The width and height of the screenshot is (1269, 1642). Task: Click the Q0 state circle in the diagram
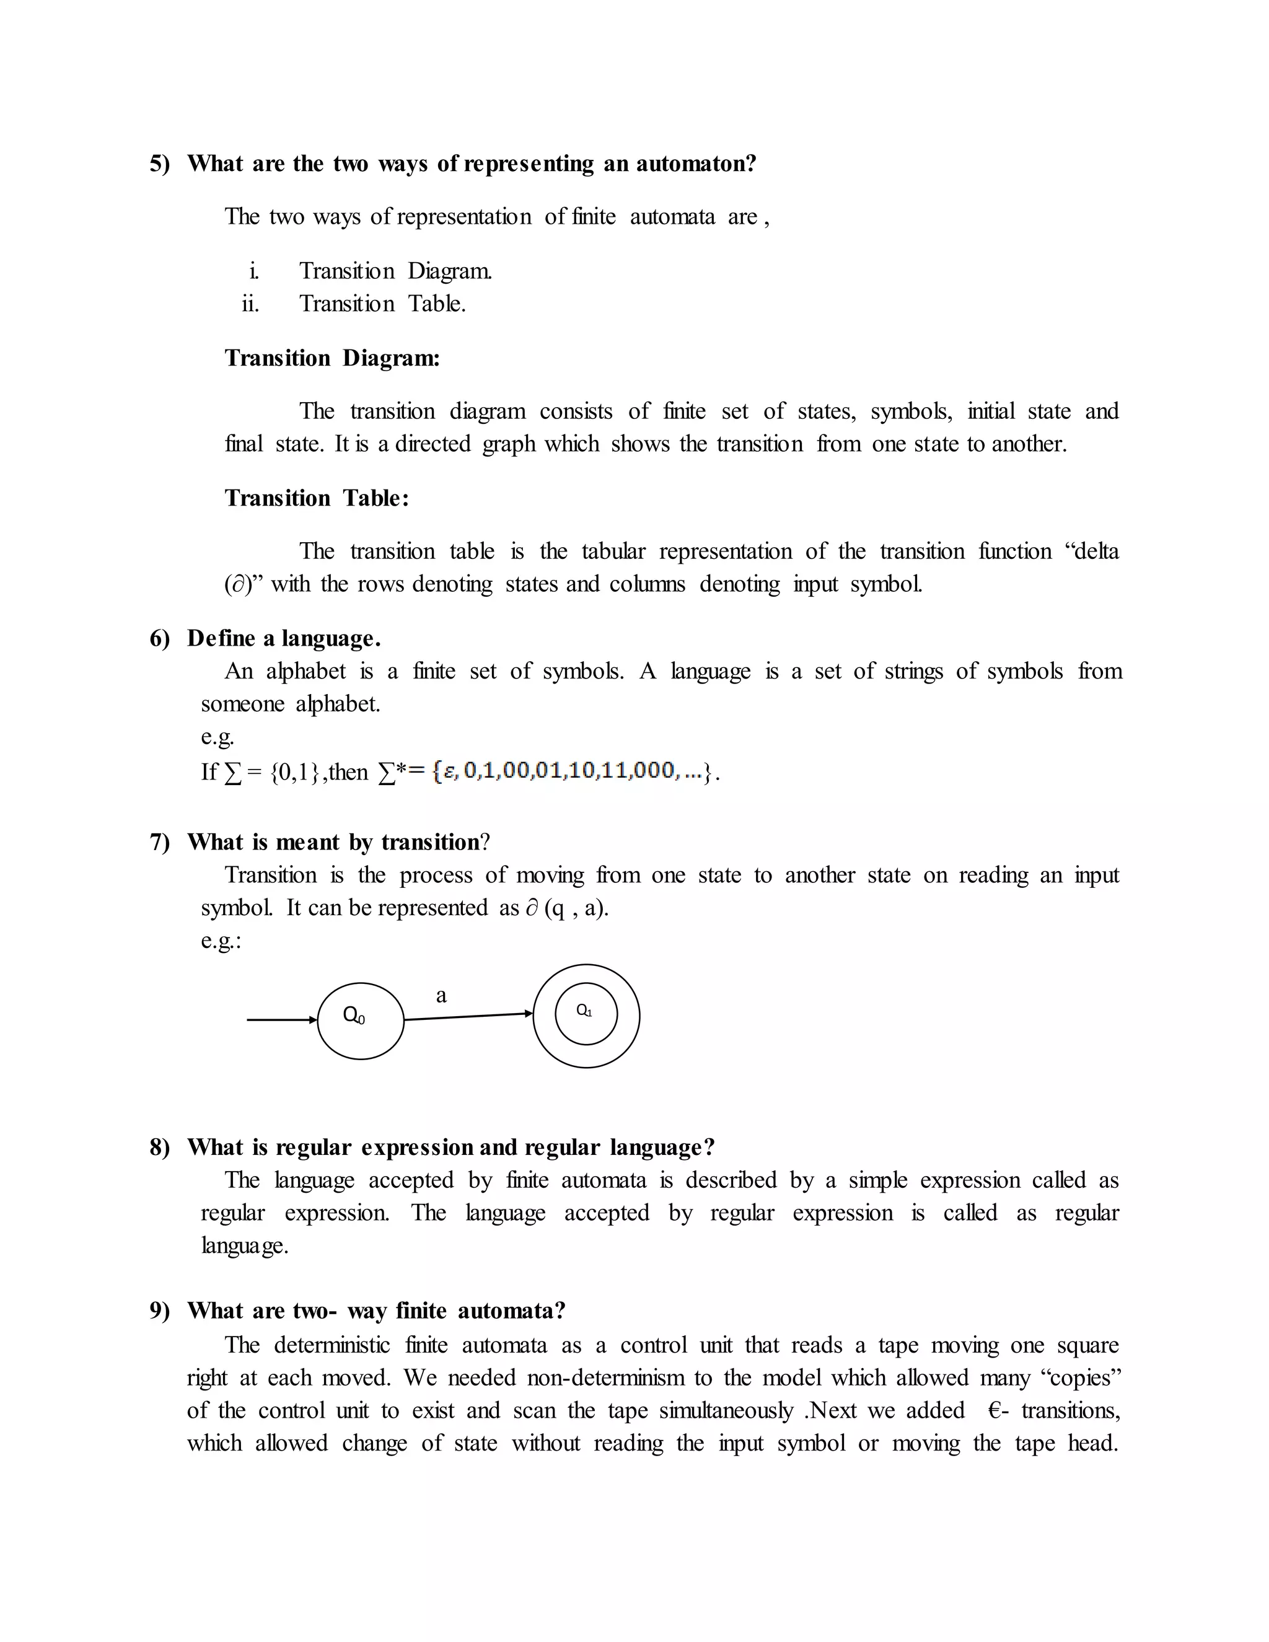point(361,1021)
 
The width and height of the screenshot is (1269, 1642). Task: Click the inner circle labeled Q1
point(586,1014)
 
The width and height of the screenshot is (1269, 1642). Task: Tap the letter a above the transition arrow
point(441,996)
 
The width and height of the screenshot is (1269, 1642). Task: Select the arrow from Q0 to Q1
point(468,1016)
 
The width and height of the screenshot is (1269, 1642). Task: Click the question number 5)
point(159,164)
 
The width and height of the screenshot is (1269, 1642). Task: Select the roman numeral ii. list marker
point(250,304)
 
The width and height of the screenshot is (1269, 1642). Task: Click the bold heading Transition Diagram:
point(332,358)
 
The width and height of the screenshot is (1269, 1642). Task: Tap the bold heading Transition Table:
point(317,498)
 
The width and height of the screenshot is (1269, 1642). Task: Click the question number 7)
point(159,842)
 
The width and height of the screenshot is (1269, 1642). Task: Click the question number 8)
point(159,1148)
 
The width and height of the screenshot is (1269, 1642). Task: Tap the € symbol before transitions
point(995,1410)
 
